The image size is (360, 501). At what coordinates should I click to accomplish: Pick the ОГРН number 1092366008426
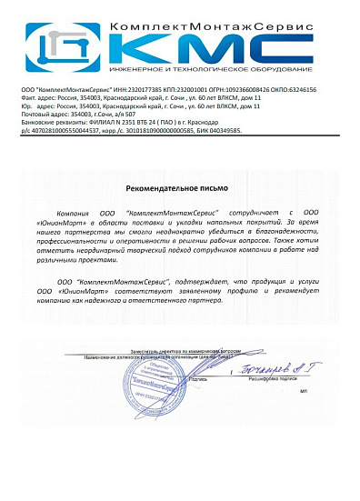pos(236,90)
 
